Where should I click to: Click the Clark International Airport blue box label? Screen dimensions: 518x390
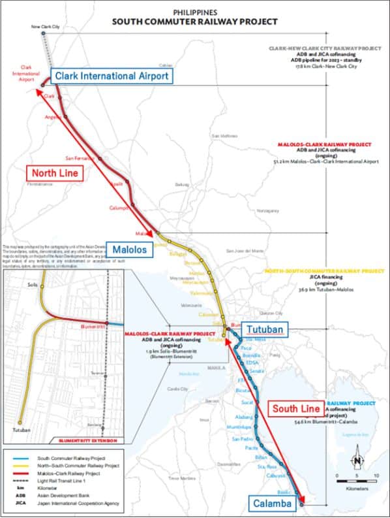[112, 76]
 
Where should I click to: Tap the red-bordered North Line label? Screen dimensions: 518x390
[56, 174]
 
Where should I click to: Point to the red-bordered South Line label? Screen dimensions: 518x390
[295, 410]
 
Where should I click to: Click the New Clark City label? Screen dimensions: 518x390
[45, 27]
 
